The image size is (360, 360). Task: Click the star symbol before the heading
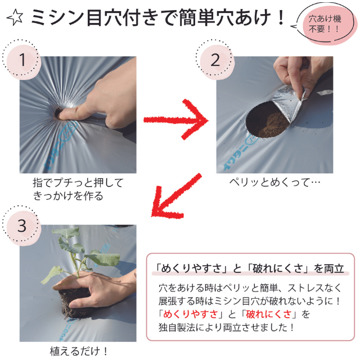click(15, 17)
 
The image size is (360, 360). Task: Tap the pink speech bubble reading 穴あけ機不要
click(326, 24)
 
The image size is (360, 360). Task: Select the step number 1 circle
click(22, 60)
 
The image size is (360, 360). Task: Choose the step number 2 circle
click(215, 60)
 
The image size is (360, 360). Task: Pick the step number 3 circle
click(22, 226)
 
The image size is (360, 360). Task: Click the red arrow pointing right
click(175, 119)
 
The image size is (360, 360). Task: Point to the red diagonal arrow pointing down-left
click(175, 196)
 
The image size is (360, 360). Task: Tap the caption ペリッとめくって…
click(274, 182)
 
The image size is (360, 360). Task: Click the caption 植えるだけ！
click(79, 351)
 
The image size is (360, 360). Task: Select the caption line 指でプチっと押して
click(78, 183)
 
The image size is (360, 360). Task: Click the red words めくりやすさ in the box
click(190, 314)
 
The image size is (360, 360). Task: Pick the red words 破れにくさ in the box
click(269, 314)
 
